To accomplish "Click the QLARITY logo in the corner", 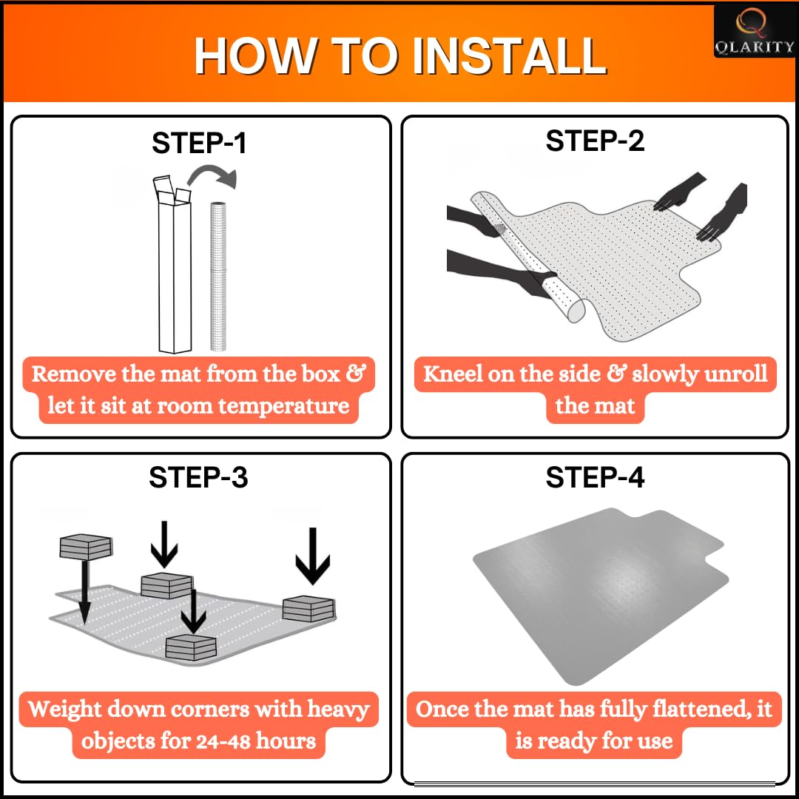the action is (754, 32).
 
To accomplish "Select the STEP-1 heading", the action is (199, 143).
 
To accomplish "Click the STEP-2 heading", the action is (595, 140).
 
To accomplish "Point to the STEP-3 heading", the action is (198, 477).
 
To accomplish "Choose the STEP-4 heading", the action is (595, 477).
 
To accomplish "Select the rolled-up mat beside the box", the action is (218, 276).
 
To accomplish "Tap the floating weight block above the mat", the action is (86, 546).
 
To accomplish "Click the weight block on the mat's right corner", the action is (309, 608).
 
